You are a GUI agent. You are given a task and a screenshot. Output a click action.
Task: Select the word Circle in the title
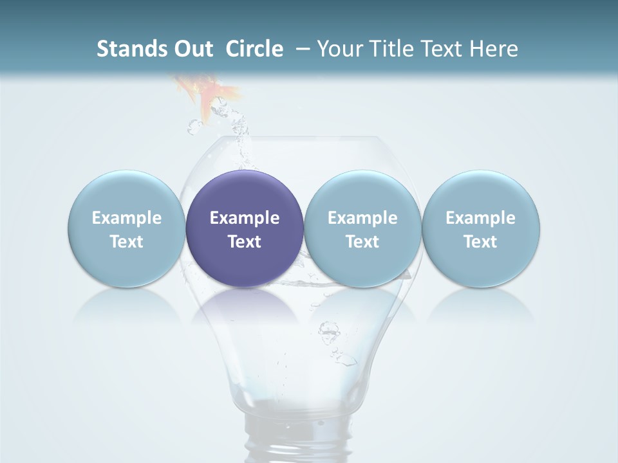(254, 49)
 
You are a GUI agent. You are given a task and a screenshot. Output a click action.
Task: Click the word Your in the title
(337, 49)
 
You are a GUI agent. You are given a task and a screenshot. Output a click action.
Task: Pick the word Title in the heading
(387, 49)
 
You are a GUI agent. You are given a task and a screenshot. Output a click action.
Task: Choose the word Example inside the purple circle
(245, 218)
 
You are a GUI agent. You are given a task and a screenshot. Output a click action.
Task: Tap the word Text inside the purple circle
(245, 242)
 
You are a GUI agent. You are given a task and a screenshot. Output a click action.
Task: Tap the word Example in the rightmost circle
(480, 218)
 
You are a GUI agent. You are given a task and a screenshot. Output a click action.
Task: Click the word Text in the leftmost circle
(126, 242)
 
